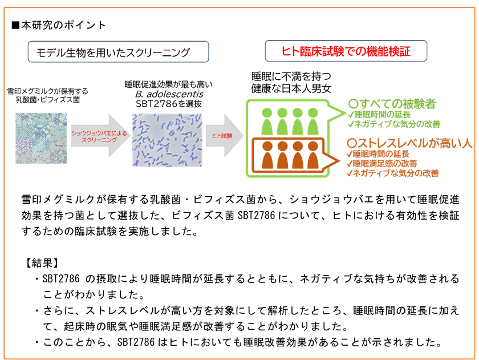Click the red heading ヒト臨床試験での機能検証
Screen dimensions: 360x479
(346, 51)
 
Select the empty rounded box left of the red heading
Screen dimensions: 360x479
(119, 51)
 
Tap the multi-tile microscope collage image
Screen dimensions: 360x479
(40, 138)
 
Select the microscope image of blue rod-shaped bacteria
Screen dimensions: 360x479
(167, 140)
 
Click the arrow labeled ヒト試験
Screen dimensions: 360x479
(223, 136)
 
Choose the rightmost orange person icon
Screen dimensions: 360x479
(312, 156)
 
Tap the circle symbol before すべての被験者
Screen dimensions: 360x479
(353, 104)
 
